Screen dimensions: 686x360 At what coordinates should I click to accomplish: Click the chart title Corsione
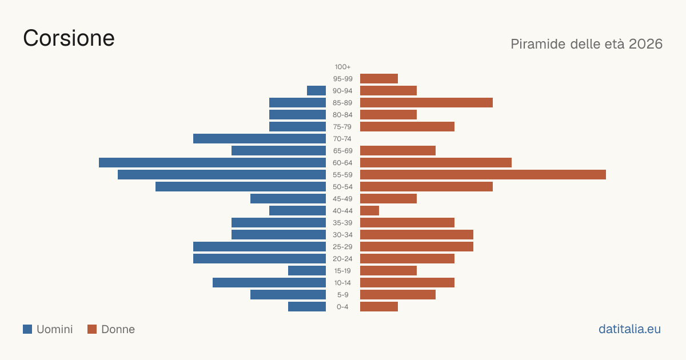(x=69, y=38)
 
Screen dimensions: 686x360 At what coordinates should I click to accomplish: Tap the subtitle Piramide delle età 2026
(x=587, y=44)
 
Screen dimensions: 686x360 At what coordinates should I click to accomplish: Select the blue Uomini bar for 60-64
(x=212, y=162)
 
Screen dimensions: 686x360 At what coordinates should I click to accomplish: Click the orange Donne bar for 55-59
(x=483, y=174)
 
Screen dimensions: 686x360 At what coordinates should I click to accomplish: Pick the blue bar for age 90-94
(x=316, y=91)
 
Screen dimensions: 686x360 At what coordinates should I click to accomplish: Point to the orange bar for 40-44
(x=370, y=211)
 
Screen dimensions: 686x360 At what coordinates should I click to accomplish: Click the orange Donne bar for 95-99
(x=379, y=79)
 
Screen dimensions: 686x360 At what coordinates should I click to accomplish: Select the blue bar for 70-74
(x=260, y=139)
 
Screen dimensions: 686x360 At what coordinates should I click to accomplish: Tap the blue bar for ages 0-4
(x=307, y=307)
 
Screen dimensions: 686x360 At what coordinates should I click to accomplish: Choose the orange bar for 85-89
(x=426, y=102)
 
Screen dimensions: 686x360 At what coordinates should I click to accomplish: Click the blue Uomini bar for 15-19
(x=307, y=271)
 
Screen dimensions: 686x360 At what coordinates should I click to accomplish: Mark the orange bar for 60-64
(x=436, y=162)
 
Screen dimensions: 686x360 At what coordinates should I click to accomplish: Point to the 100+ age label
(x=342, y=67)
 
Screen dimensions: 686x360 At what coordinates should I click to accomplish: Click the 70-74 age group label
(x=342, y=139)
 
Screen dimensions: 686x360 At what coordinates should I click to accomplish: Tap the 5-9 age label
(x=342, y=295)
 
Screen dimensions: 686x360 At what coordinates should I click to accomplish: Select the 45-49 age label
(x=342, y=199)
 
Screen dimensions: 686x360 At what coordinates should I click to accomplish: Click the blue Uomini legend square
(x=27, y=329)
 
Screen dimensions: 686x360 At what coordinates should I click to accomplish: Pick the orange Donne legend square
(x=92, y=329)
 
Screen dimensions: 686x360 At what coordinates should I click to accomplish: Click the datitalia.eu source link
(x=629, y=329)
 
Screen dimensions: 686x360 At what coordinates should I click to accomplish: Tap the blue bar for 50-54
(x=241, y=187)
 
